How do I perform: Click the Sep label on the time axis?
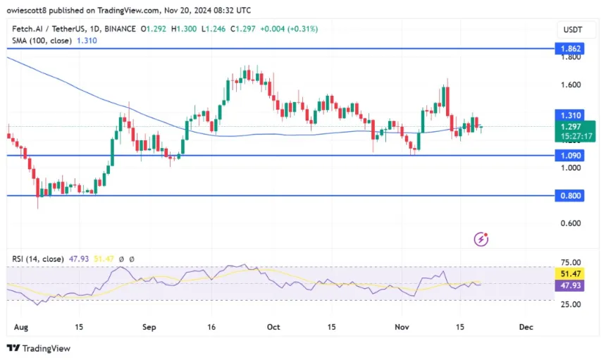click(149, 327)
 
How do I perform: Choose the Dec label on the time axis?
click(525, 327)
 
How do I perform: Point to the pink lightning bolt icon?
click(482, 240)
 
